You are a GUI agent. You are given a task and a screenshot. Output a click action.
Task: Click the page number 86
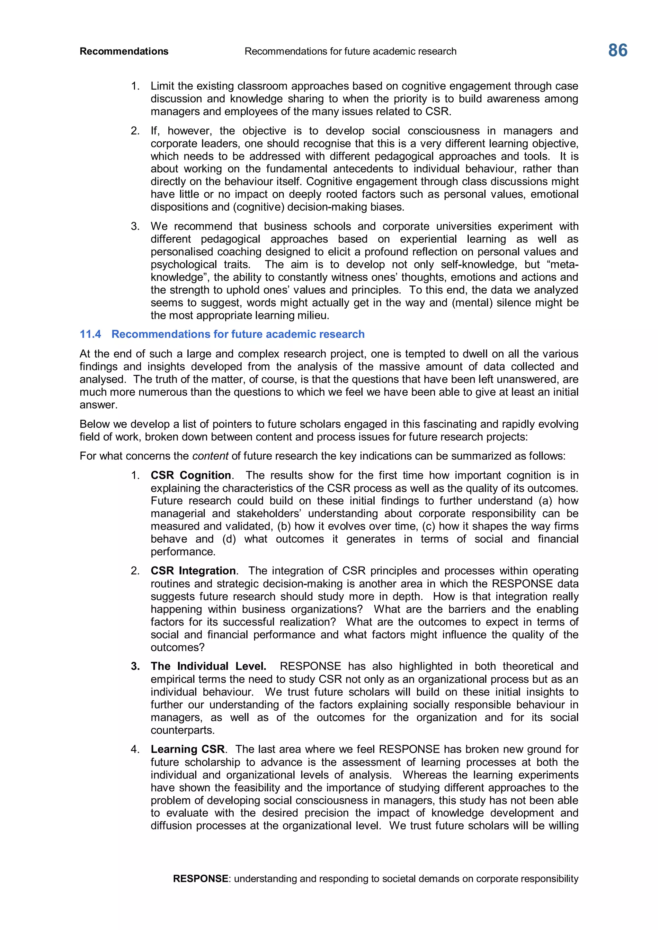pyautogui.click(x=618, y=51)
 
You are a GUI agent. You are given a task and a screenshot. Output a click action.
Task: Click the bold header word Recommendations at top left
pyautogui.click(x=124, y=51)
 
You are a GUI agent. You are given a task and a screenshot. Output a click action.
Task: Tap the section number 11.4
pyautogui.click(x=90, y=334)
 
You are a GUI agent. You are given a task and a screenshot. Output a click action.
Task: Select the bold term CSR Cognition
pyautogui.click(x=191, y=475)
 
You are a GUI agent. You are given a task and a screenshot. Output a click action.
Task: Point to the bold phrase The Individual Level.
pyautogui.click(x=208, y=666)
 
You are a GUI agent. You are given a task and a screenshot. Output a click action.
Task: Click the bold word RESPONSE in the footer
pyautogui.click(x=200, y=879)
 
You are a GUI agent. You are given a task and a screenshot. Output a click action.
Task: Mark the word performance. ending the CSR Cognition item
pyautogui.click(x=183, y=552)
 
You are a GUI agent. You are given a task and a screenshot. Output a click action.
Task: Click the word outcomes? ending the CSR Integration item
pyautogui.click(x=177, y=647)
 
